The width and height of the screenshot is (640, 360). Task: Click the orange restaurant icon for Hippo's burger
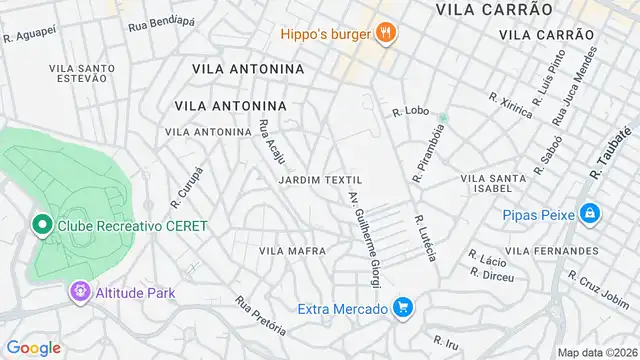point(385,33)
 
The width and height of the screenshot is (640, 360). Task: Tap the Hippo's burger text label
point(325,33)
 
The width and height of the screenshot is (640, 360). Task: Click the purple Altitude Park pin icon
point(79,293)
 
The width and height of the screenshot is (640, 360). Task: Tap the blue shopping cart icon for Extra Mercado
point(404,309)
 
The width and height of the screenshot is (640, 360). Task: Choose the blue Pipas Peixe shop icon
point(591,213)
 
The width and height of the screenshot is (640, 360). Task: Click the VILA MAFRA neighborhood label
point(292,250)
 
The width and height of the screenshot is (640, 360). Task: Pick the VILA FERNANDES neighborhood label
point(552,250)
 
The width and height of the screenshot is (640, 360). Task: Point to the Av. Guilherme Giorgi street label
point(365,238)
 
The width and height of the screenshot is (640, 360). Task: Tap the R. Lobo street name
point(411,112)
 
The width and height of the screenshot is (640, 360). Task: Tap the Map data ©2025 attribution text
point(597,352)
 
